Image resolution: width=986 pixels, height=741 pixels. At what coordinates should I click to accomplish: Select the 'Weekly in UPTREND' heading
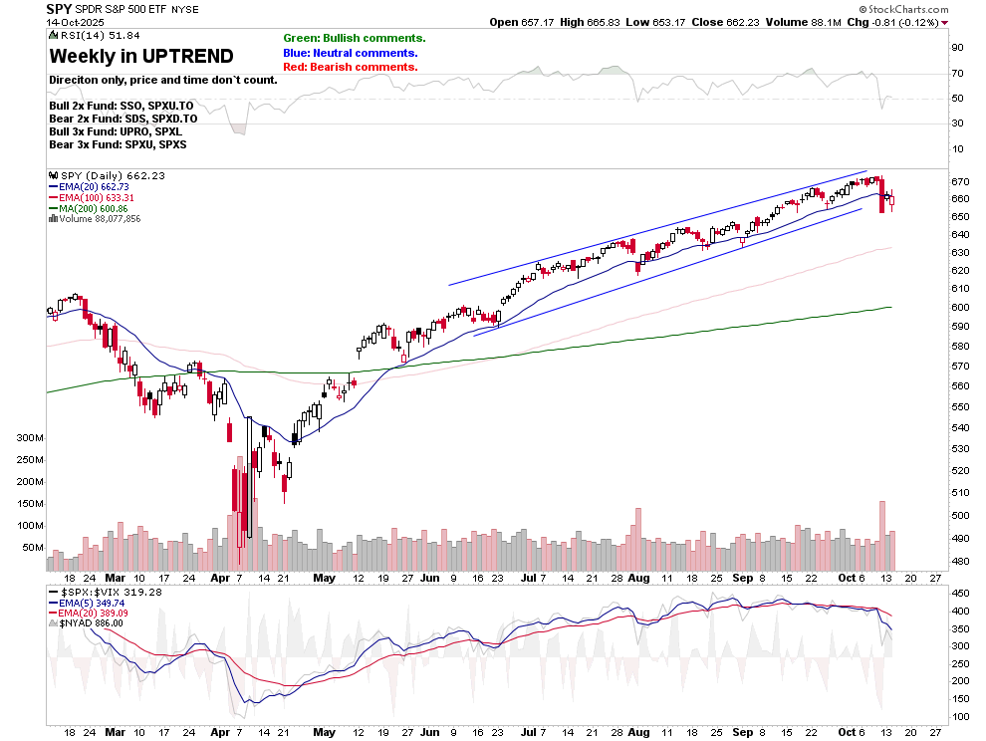[141, 56]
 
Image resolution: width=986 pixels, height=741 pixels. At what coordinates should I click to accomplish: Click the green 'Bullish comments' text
[354, 38]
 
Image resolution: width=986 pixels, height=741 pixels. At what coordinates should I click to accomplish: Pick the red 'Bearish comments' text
[350, 67]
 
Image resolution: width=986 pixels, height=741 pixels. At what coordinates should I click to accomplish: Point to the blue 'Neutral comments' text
[351, 53]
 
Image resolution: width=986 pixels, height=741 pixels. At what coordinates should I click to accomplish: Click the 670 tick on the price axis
[959, 182]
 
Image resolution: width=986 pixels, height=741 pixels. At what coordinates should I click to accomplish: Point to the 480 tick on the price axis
[959, 561]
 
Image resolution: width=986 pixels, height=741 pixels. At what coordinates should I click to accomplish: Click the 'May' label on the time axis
[324, 578]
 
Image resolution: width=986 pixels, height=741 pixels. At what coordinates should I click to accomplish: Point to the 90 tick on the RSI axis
[957, 47]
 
